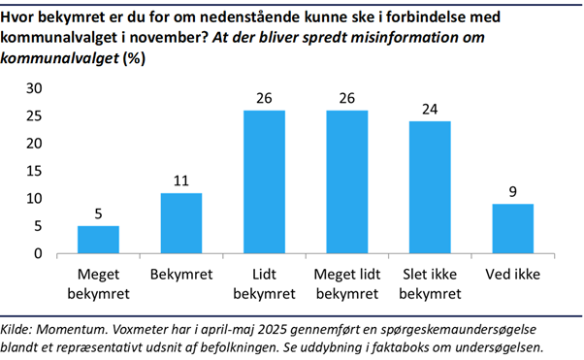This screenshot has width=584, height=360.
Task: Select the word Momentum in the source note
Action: click(x=74, y=328)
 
